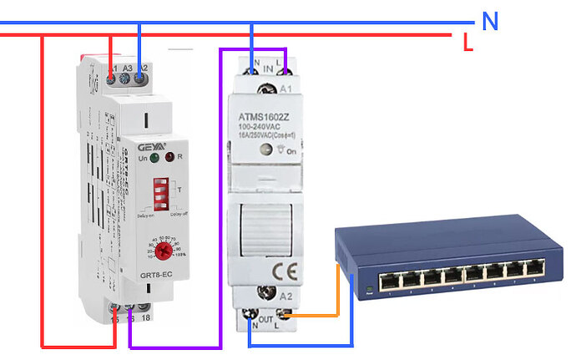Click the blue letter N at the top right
(490, 23)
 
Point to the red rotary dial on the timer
(166, 248)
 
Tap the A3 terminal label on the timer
(127, 67)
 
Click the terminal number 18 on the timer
(145, 318)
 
